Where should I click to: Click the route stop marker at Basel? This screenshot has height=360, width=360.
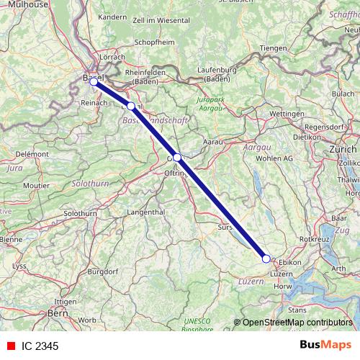click(x=94, y=81)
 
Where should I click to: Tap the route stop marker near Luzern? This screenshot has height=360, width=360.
click(x=266, y=258)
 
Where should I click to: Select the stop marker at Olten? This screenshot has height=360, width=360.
click(x=177, y=157)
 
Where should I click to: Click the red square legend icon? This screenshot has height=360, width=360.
click(x=10, y=346)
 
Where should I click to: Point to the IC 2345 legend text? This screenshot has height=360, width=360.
click(x=40, y=346)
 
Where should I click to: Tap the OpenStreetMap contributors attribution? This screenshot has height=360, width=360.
click(x=297, y=322)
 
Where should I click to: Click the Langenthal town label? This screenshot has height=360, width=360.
click(x=146, y=212)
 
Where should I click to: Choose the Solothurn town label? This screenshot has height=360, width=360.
click(x=79, y=214)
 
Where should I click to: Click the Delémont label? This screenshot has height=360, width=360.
click(x=32, y=154)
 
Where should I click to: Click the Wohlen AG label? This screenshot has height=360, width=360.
click(x=275, y=157)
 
